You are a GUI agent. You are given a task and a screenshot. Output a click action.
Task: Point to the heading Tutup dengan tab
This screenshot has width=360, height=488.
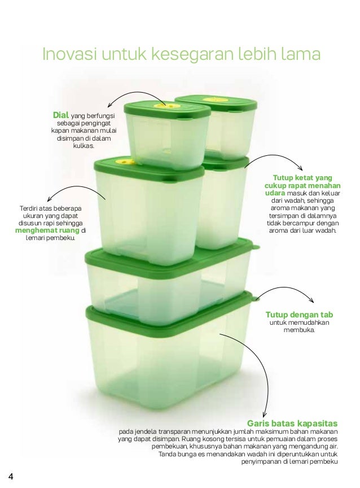tap(299, 314)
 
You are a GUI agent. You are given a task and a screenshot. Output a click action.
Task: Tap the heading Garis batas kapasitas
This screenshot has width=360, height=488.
tap(292, 423)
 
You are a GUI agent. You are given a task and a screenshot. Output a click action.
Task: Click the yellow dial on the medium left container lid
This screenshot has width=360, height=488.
tap(123, 162)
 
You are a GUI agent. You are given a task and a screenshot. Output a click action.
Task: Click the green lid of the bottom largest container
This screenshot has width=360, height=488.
tap(169, 316)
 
